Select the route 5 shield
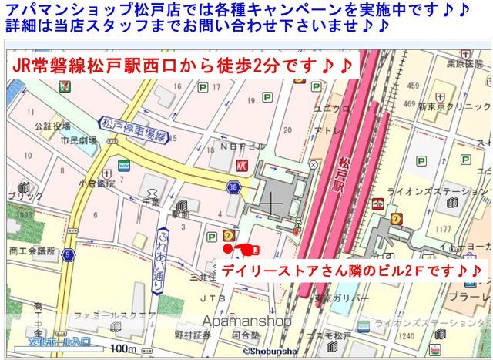click(69, 254)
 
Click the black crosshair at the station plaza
click(270, 203)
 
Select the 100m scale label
click(122, 349)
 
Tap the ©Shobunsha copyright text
click(270, 351)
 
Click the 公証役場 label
click(52, 126)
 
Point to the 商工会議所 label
click(32, 251)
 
